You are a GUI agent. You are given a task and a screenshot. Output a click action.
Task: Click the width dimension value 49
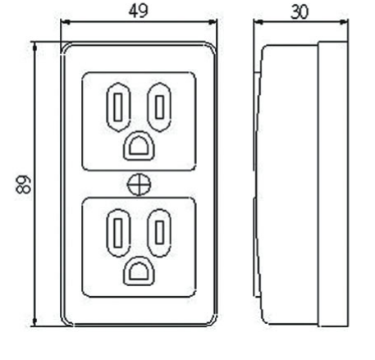[138, 11]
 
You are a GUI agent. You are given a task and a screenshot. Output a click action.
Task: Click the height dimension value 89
[23, 185]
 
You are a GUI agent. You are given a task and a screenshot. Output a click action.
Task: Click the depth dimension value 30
[300, 12]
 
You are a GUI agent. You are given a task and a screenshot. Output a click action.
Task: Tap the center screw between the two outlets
[139, 185]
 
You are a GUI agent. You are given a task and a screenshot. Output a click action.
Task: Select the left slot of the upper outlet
[118, 107]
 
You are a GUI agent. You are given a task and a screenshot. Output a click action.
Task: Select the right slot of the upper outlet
[159, 107]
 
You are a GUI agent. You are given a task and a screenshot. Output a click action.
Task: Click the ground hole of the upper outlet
[139, 146]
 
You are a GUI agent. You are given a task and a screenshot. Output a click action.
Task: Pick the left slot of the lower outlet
[118, 233]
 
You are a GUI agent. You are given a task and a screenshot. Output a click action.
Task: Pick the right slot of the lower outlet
[159, 233]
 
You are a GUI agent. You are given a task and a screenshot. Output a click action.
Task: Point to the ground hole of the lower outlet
[139, 271]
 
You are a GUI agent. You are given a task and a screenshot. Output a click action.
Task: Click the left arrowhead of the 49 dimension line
[65, 22]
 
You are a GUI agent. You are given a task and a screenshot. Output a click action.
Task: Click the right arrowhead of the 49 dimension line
[213, 22]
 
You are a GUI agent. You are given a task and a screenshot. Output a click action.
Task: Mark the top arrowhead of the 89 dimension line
[34, 47]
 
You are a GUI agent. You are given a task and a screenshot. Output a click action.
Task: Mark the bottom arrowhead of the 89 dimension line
[34, 321]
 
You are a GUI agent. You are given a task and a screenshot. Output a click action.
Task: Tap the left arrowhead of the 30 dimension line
[258, 22]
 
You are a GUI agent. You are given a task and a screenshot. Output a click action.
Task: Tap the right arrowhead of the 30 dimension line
[344, 22]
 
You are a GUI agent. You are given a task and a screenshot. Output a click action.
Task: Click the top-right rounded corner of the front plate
[213, 47]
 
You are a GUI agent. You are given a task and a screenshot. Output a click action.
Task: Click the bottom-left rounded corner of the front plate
[66, 321]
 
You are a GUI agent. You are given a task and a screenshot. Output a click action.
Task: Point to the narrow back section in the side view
[333, 184]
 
